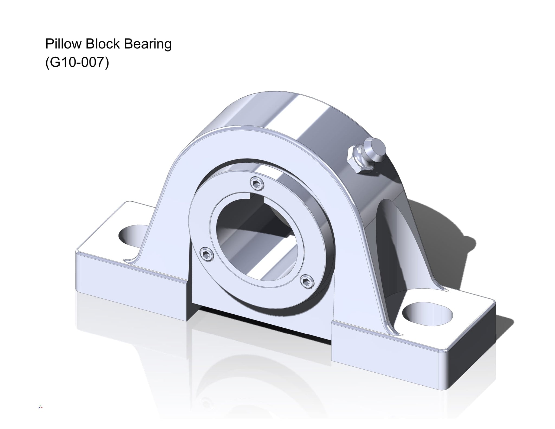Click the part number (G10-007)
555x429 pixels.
click(x=77, y=62)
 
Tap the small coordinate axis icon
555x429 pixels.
click(x=41, y=407)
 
